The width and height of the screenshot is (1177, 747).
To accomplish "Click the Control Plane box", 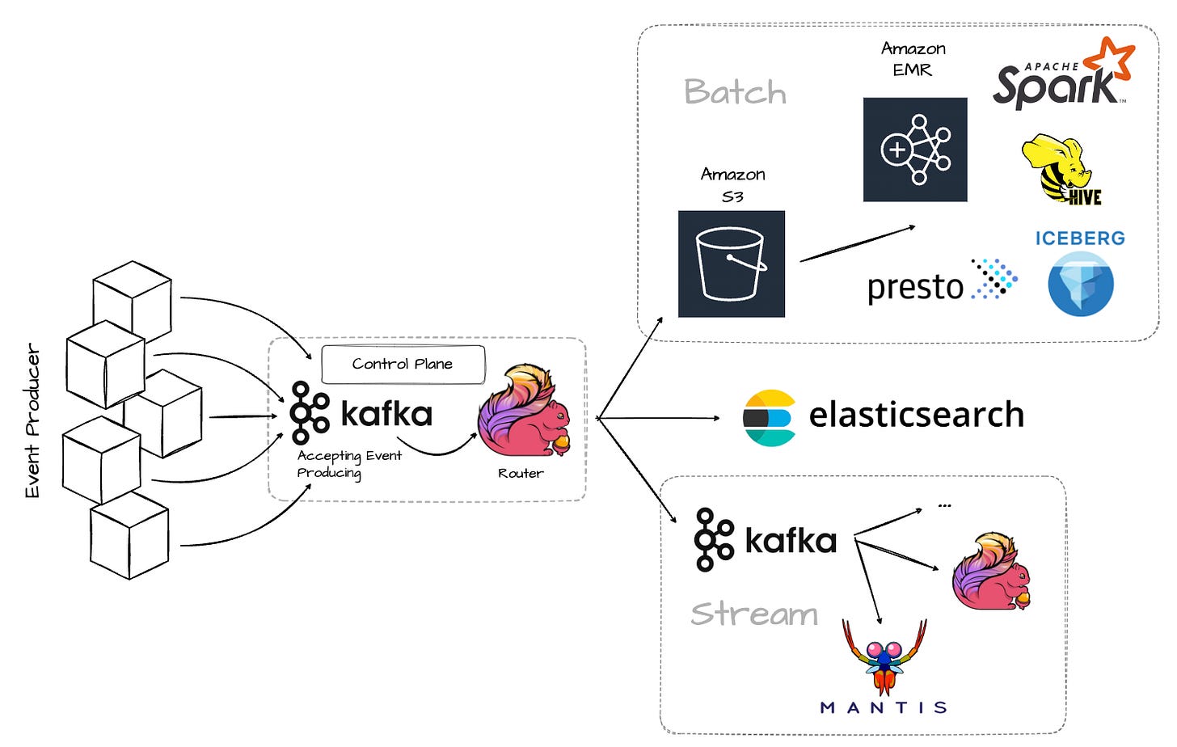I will tap(403, 365).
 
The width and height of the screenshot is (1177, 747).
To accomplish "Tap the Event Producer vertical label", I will tap(32, 420).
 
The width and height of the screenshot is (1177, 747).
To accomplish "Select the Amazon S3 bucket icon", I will tap(731, 264).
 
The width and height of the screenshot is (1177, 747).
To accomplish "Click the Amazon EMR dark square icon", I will tap(914, 150).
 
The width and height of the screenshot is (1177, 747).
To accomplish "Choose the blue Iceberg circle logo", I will tap(1080, 284).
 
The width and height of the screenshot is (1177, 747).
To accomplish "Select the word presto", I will tap(915, 287).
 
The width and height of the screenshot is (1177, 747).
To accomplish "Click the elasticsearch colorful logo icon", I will tap(769, 418).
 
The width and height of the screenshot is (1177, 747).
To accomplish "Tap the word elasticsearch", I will tap(916, 415).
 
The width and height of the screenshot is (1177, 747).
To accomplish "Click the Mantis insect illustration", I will tap(884, 655).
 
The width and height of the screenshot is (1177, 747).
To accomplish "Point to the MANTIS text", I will tap(884, 708).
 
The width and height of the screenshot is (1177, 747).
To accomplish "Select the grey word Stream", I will tap(754, 614).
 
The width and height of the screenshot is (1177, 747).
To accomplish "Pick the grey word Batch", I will tap(735, 92).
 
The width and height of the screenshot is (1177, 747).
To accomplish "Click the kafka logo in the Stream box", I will tap(765, 540).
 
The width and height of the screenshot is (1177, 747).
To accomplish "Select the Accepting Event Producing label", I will tap(348, 464).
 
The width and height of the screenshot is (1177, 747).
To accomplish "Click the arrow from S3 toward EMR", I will tap(857, 243).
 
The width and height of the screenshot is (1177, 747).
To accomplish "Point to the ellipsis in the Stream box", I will tap(944, 506).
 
